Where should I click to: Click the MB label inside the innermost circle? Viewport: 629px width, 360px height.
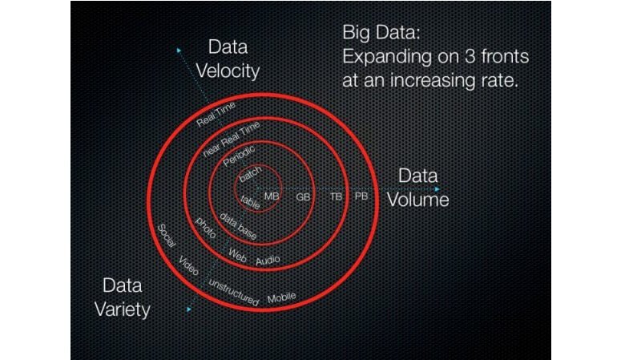(272, 196)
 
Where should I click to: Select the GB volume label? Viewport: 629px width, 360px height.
(303, 197)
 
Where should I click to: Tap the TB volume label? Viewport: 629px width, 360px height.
(337, 196)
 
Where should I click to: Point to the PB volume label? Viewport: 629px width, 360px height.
(361, 196)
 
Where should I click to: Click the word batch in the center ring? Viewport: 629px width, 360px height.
(250, 175)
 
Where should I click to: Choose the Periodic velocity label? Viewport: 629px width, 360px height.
(239, 156)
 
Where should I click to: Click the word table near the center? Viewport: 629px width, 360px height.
(251, 202)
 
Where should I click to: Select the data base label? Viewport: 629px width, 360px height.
(238, 226)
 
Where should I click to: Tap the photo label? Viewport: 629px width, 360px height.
(206, 228)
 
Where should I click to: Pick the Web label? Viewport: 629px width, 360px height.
(237, 255)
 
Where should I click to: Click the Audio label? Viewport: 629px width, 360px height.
(268, 261)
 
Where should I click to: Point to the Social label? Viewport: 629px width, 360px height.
(167, 236)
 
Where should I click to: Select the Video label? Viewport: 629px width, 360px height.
(188, 265)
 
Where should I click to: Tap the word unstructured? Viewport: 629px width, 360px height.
(234, 292)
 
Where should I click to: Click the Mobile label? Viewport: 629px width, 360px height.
(281, 297)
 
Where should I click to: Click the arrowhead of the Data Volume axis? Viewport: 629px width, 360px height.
(437, 188)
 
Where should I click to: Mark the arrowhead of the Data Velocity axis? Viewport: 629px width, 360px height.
(179, 51)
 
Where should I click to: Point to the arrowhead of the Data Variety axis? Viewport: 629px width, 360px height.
(189, 309)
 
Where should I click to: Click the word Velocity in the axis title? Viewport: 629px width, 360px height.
(228, 71)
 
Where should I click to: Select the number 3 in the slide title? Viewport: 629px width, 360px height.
(470, 56)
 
